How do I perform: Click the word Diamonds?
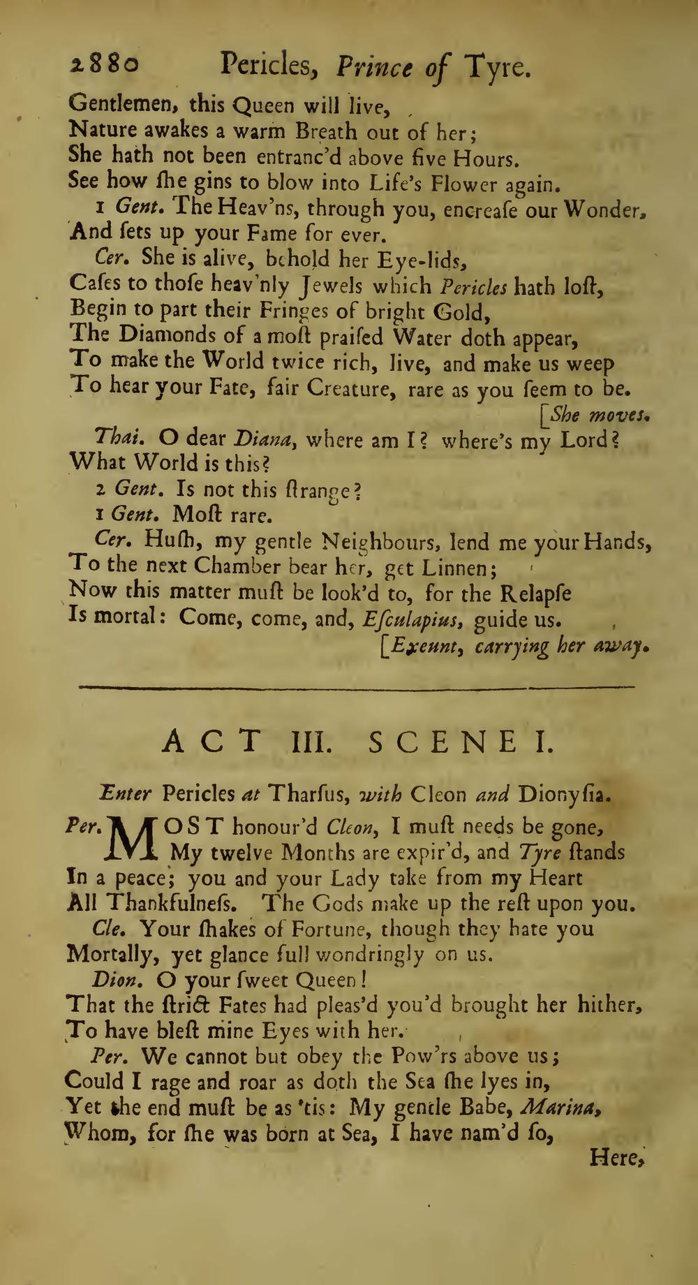point(171,337)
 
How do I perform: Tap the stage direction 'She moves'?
point(599,416)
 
